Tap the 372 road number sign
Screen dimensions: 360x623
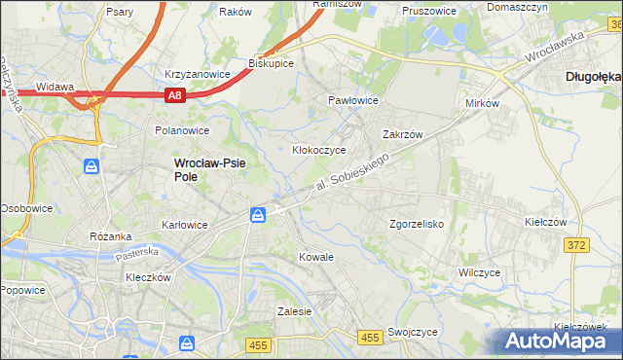point(575,245)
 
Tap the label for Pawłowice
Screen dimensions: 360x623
point(352,100)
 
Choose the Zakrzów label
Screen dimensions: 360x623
point(401,135)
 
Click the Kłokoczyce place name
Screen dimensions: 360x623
point(320,150)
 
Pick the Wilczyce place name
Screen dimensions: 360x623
point(479,272)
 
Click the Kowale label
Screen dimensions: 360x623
point(316,257)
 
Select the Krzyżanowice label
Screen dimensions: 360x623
point(197,74)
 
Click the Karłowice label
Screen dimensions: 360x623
point(185,225)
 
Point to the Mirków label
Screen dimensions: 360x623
point(482,102)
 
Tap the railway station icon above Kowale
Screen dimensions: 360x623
point(258,214)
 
